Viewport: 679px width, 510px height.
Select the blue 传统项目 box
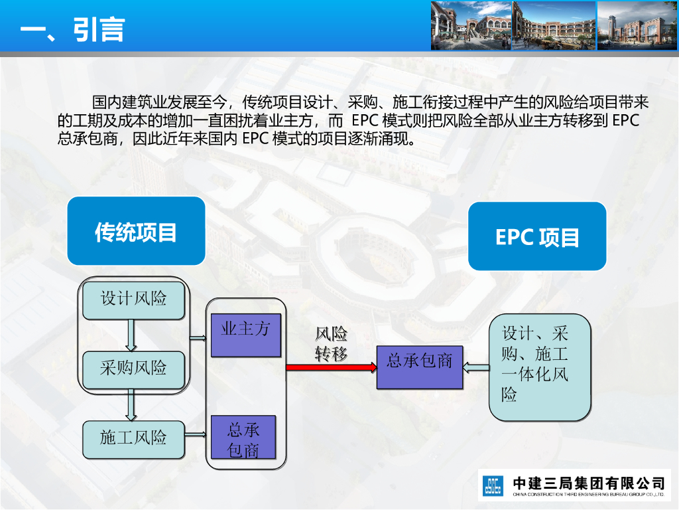click(x=136, y=231)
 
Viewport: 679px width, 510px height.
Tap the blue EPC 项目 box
click(x=537, y=236)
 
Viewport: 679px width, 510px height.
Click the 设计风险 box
click(x=133, y=298)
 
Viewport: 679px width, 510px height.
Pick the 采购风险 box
click(x=133, y=368)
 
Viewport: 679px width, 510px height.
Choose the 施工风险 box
click(x=133, y=438)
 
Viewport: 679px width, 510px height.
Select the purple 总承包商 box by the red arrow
click(x=419, y=367)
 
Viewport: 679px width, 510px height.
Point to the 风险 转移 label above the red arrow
click(x=331, y=344)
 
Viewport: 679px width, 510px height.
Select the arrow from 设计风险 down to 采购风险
click(x=132, y=335)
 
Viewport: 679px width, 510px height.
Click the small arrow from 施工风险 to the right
click(x=196, y=434)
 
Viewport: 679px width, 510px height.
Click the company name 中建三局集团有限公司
click(x=589, y=482)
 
